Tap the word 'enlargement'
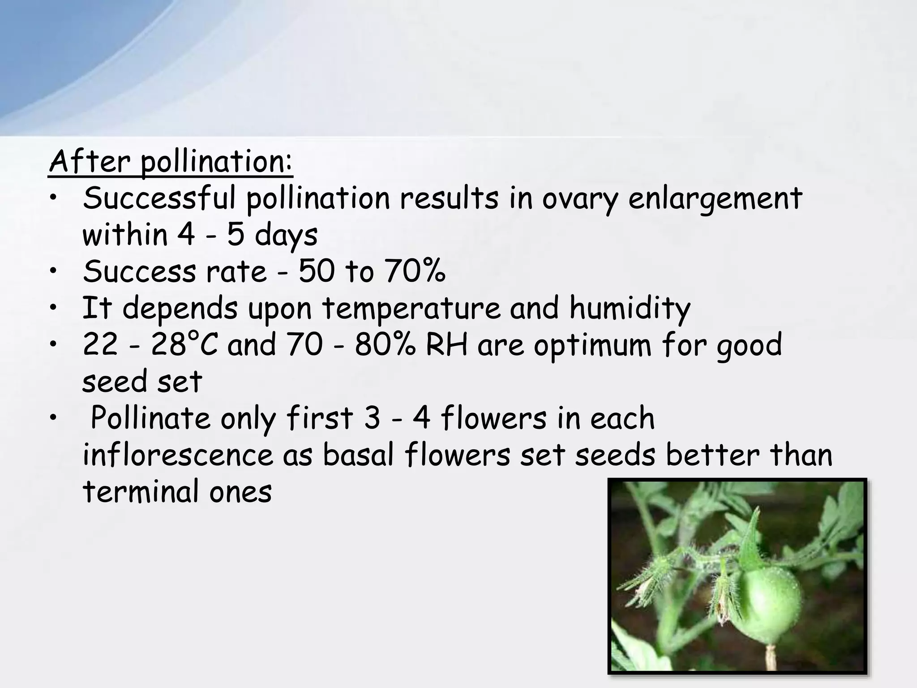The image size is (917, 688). click(715, 199)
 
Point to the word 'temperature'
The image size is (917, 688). click(411, 309)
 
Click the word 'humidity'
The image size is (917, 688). click(630, 309)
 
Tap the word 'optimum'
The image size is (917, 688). click(592, 346)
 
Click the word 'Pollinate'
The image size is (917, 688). click(150, 418)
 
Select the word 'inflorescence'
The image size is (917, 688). click(177, 455)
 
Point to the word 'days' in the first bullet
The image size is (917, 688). click(286, 236)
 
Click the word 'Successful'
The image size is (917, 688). click(159, 199)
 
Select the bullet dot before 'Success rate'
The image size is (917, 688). click(54, 272)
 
